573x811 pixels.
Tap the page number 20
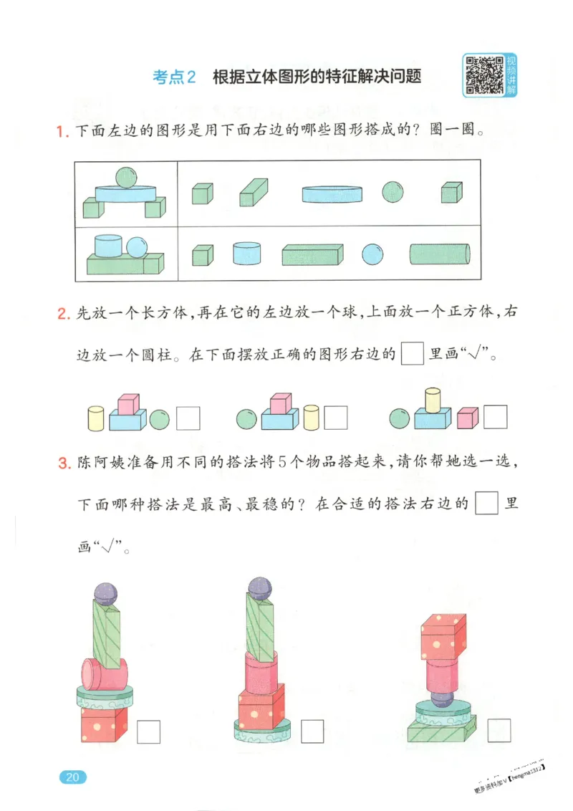point(72,777)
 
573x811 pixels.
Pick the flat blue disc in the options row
point(332,193)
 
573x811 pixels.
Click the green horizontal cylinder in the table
point(440,254)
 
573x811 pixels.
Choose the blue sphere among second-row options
point(372,254)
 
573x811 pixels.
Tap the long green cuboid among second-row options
point(312,255)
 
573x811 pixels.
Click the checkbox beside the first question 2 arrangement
point(188,418)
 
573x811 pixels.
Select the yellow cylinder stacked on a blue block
point(433,400)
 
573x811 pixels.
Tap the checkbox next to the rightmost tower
point(499,730)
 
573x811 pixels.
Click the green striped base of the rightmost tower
point(442,731)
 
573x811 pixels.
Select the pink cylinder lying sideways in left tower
point(104,673)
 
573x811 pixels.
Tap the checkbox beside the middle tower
point(312,730)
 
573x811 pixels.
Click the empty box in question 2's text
point(413,355)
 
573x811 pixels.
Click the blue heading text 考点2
point(174,77)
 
